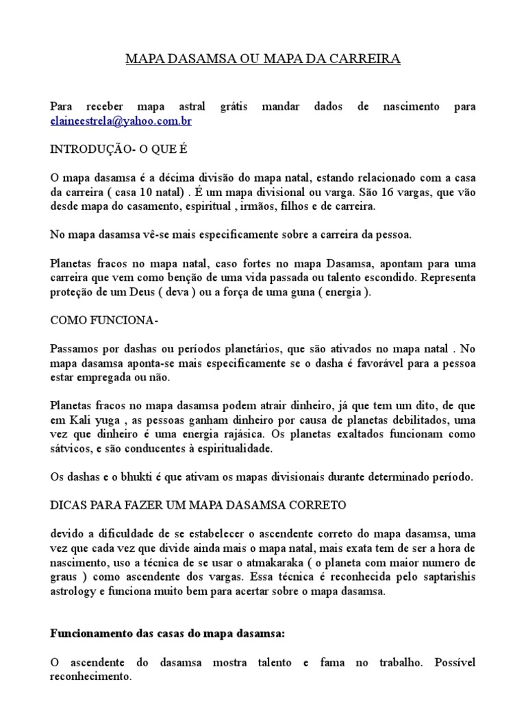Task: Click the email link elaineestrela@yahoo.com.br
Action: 121,121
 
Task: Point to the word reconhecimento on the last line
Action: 90,677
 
